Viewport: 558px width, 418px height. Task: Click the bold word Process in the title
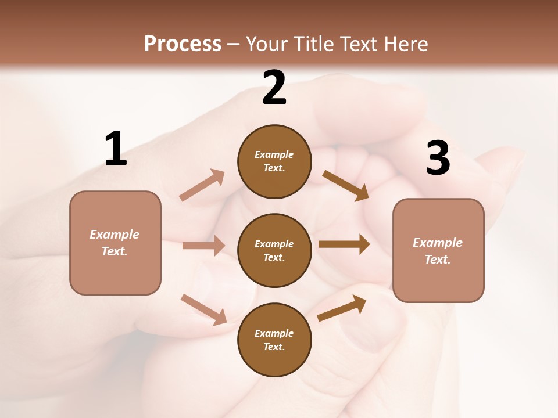tap(183, 44)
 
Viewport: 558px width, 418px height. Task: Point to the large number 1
tap(116, 149)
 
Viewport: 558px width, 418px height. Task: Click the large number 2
tap(274, 88)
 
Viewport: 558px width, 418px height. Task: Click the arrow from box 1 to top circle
tap(202, 185)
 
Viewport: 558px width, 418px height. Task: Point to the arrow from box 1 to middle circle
tap(203, 246)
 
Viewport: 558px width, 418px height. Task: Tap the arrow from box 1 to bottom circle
tap(203, 309)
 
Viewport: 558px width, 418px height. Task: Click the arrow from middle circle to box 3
tap(344, 244)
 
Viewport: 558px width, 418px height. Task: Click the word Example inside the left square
tap(115, 235)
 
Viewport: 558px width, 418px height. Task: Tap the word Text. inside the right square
tap(438, 260)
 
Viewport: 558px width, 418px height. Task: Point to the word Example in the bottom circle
tap(274, 333)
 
